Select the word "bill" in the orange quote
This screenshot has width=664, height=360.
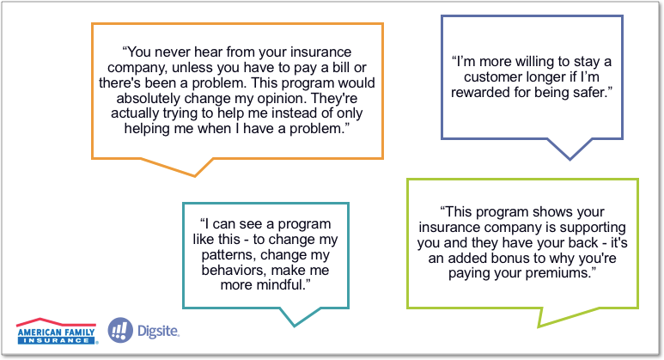coord(341,67)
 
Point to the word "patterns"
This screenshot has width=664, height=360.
coord(228,255)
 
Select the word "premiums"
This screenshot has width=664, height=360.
coord(560,273)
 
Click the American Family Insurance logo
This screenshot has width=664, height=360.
coord(57,331)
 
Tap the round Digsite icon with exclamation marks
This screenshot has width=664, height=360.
coord(120,330)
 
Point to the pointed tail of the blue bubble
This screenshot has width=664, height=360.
coord(570,159)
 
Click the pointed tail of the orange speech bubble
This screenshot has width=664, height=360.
coord(195,175)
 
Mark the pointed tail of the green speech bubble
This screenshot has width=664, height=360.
coord(539,326)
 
